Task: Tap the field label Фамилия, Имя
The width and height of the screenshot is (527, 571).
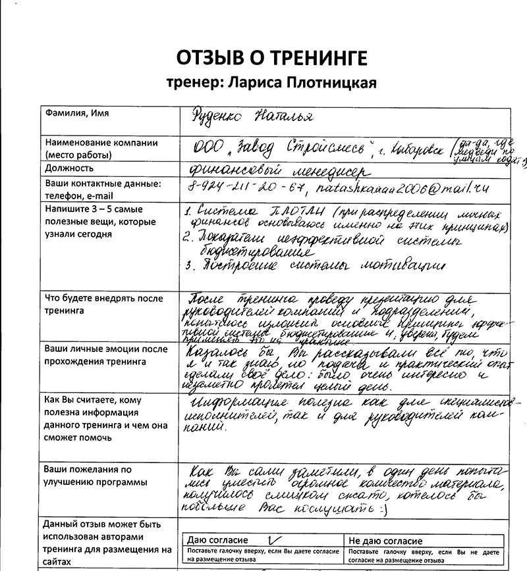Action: click(x=77, y=114)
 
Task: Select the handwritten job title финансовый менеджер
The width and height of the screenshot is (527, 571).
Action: click(x=279, y=170)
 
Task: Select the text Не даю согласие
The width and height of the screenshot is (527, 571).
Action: click(x=387, y=541)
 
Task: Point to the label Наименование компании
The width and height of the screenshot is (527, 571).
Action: click(x=101, y=143)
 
